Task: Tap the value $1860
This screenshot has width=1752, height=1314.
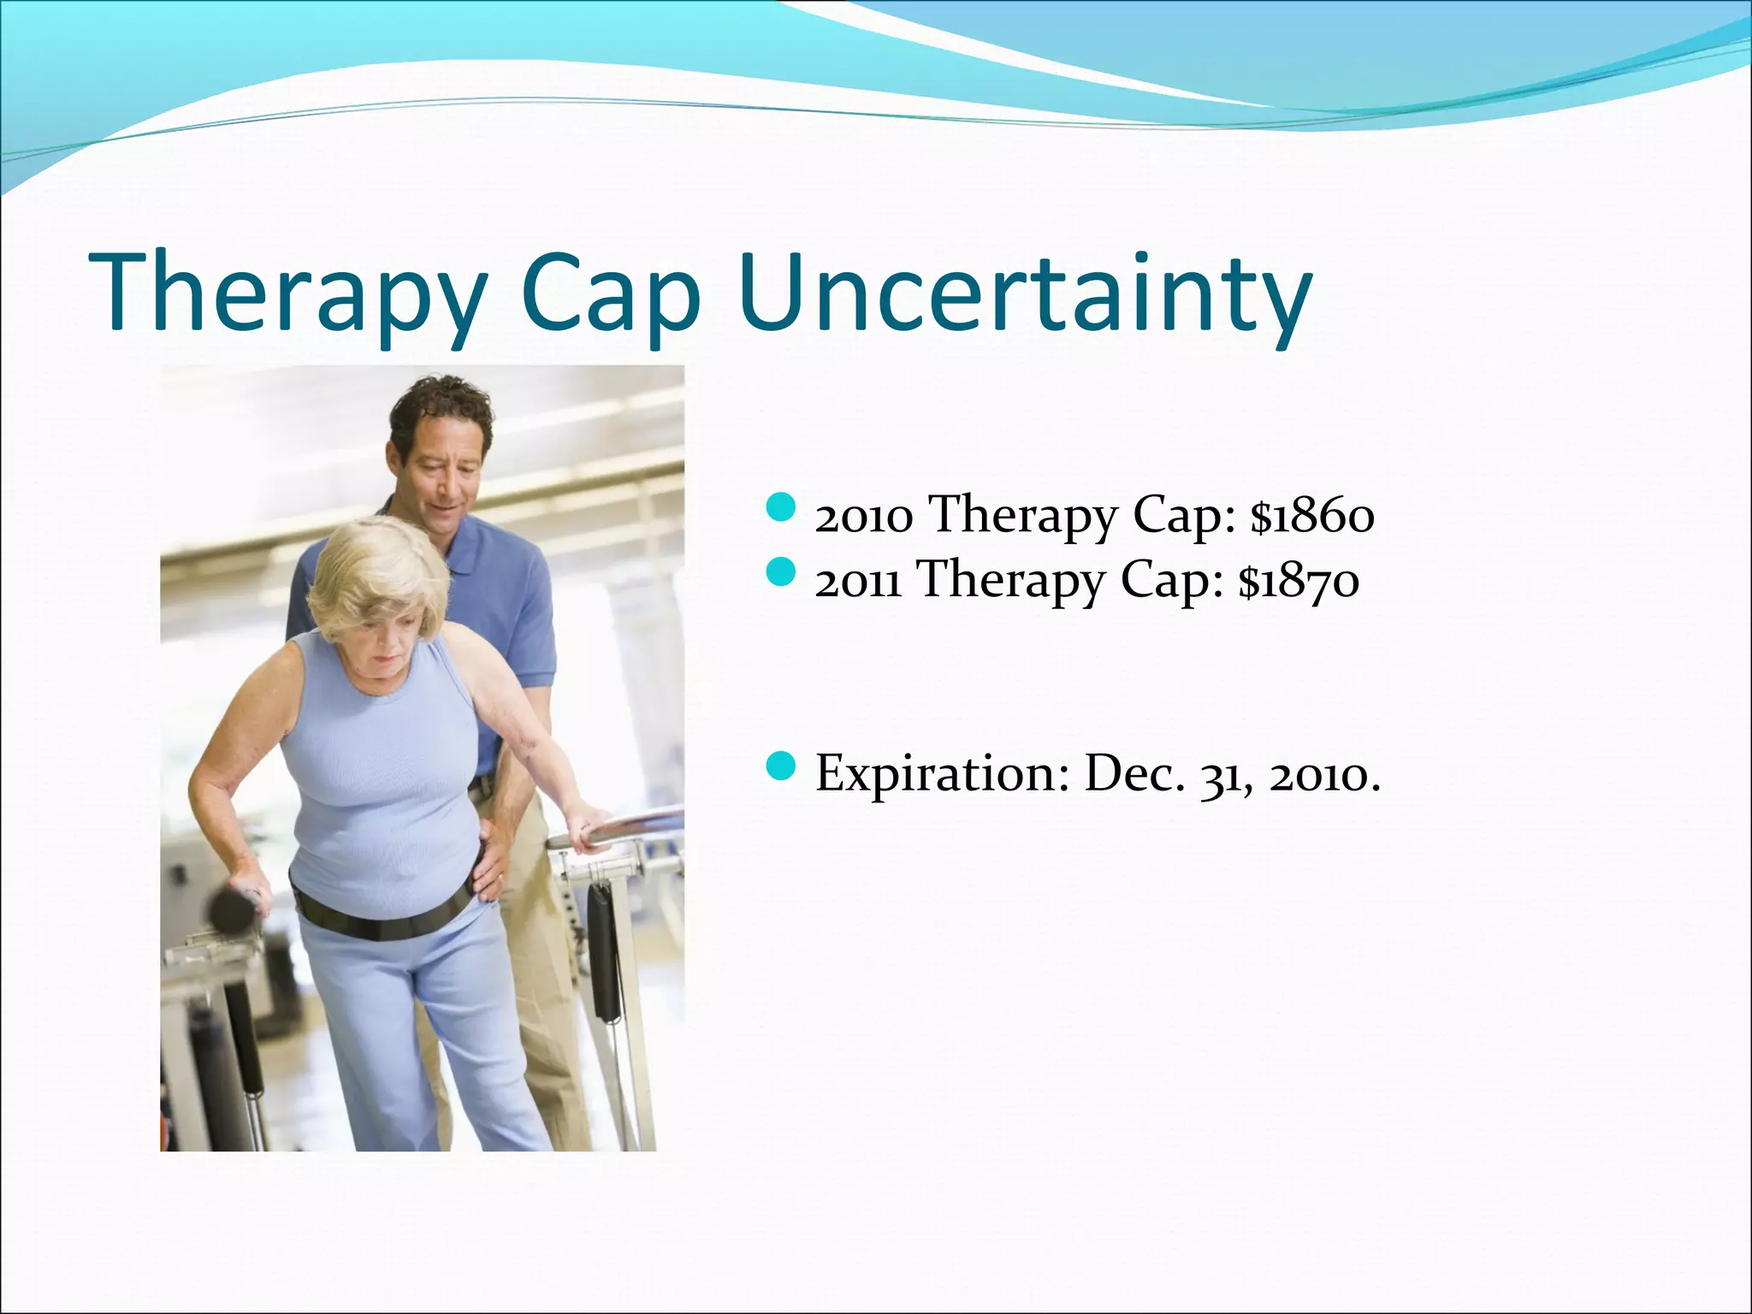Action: (1312, 517)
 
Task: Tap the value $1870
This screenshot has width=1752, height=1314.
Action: (1298, 581)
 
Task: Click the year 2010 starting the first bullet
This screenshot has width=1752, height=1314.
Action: (863, 517)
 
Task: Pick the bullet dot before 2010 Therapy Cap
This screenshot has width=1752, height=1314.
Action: (780, 509)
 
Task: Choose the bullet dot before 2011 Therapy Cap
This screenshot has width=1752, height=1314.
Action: (780, 573)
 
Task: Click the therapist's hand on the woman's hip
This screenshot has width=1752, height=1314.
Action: (489, 864)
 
